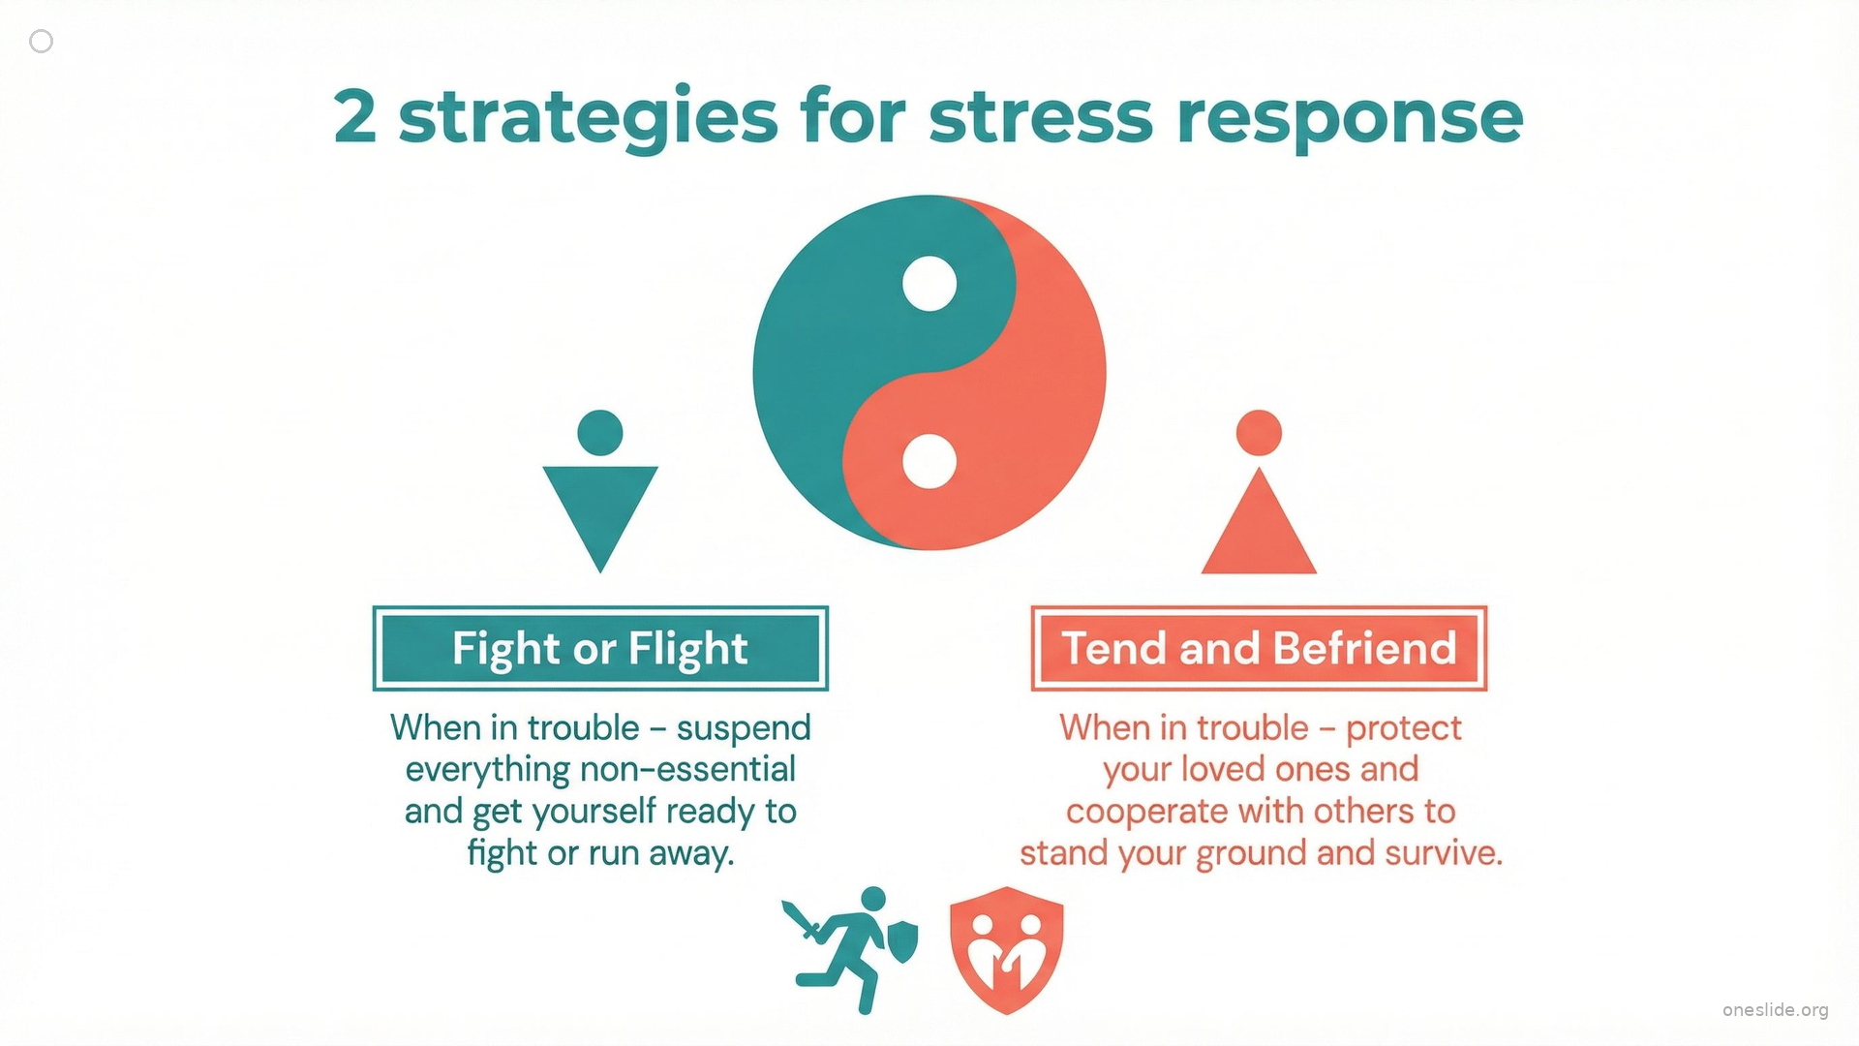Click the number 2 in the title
coord(354,116)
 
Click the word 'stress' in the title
coord(1041,117)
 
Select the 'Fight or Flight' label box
coord(600,648)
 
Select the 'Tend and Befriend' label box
coord(1259,648)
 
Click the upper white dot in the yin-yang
coord(929,284)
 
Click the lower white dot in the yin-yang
coord(929,461)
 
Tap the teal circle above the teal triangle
coord(600,433)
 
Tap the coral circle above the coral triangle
coord(1259,433)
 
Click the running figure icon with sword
coord(850,950)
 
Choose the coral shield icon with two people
coord(1007,950)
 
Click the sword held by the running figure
coord(802,921)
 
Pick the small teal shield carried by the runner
coord(903,941)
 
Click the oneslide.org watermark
coord(1776,1010)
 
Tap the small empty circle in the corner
coord(42,41)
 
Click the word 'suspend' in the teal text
coord(744,729)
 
